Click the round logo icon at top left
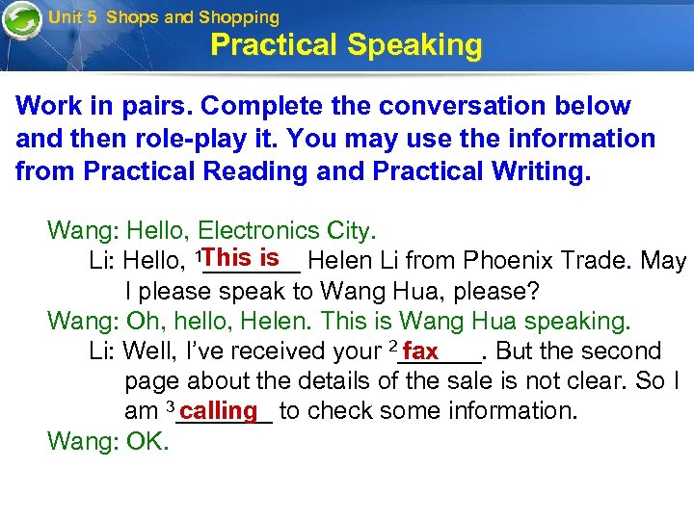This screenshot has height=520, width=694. (x=21, y=21)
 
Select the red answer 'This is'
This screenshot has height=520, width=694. (x=241, y=258)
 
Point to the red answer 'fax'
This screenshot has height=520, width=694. (x=421, y=351)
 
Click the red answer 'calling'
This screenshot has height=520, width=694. (x=219, y=410)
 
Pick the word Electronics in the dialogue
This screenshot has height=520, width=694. (x=259, y=230)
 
